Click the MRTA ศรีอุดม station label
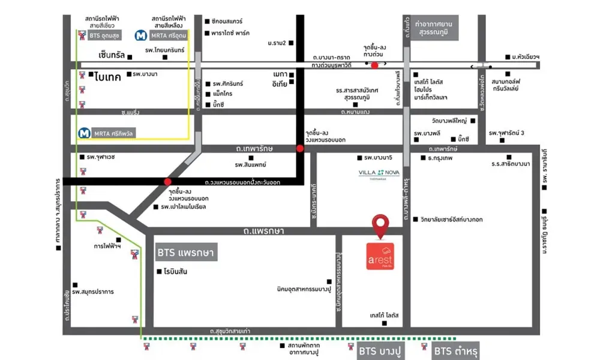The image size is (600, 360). (x=162, y=36)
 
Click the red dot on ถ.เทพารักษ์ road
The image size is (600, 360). (x=299, y=148)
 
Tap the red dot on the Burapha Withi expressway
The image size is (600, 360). (x=374, y=65)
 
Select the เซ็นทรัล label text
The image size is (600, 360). (x=112, y=55)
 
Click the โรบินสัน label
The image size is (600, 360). (x=175, y=272)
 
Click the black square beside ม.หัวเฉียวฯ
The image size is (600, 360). (x=506, y=57)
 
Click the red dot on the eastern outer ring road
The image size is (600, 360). (x=167, y=181)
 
